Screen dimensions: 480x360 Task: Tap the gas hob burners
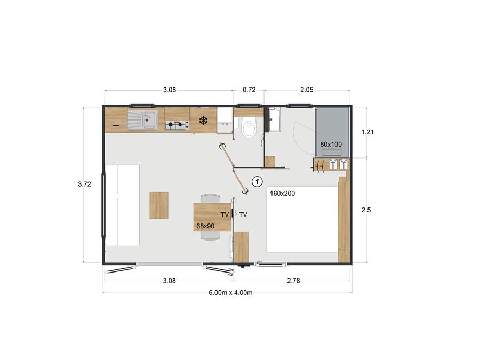point(177,125)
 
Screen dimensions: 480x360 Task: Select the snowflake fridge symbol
point(203,121)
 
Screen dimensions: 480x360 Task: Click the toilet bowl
point(248,129)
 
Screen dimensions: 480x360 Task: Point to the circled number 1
point(257,181)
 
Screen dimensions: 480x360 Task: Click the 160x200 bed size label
point(282,194)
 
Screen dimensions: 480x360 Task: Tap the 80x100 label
point(331,144)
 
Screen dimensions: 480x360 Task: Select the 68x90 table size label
point(205,226)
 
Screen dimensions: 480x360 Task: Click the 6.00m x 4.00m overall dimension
point(230,292)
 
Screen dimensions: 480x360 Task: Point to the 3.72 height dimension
point(84,184)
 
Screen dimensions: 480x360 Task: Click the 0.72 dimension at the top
point(249,90)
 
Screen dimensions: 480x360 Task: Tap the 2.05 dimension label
point(307,90)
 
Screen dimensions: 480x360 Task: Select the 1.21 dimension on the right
point(367,132)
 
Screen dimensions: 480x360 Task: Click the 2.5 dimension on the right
point(366,210)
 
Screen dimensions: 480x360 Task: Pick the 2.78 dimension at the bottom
point(293,281)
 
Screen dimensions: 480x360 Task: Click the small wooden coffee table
point(159,205)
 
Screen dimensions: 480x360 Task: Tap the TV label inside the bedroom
point(243,214)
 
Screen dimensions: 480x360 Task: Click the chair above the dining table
point(210,198)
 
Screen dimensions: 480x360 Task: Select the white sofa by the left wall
point(122,205)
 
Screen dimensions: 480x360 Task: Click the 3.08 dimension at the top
point(169,90)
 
